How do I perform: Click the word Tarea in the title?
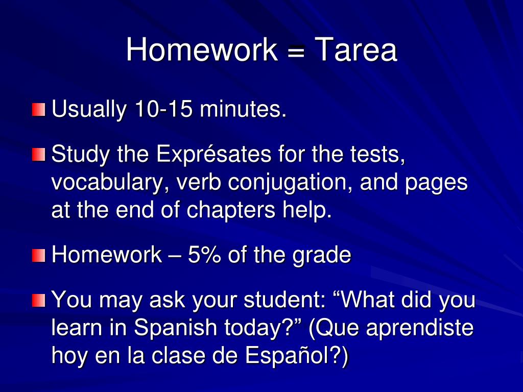(355, 50)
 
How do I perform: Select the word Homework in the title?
(202, 50)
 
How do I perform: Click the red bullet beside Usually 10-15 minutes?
(38, 110)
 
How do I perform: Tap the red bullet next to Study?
(38, 154)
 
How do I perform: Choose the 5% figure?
(205, 254)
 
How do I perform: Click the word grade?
(322, 255)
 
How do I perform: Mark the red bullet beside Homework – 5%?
(38, 255)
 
